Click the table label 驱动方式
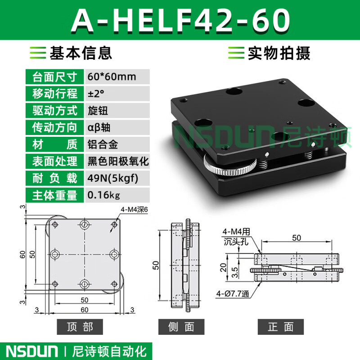tap(54, 110)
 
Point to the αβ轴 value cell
tap(99, 127)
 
